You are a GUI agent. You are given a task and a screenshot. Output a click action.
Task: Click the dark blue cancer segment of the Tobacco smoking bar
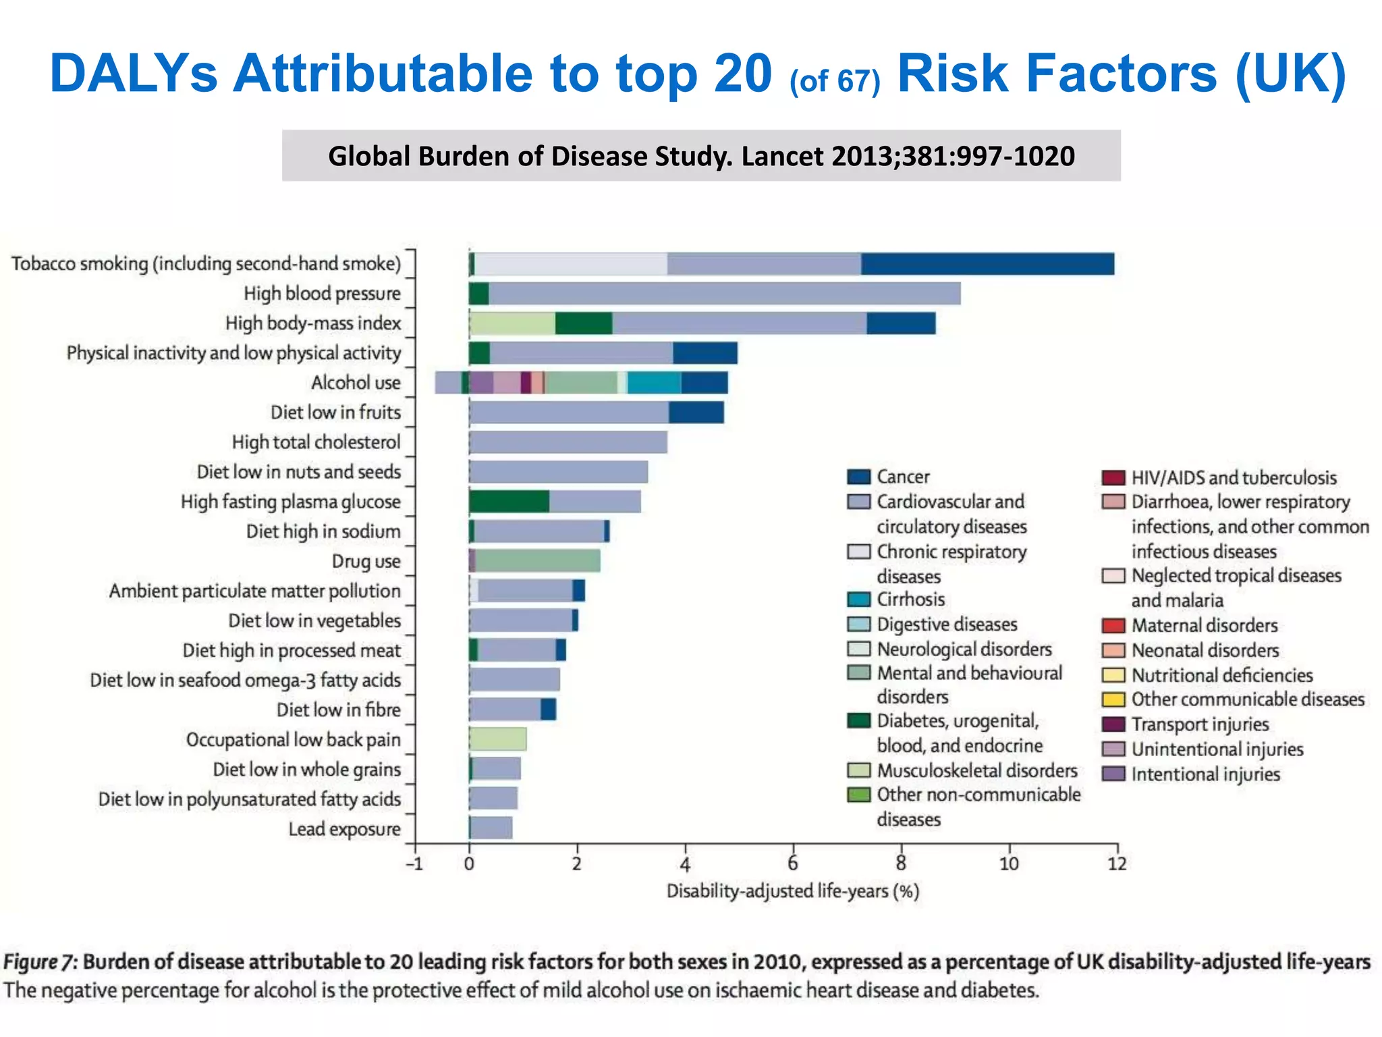pyautogui.click(x=987, y=264)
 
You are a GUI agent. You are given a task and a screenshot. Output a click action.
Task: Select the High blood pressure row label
pyautogui.click(x=322, y=294)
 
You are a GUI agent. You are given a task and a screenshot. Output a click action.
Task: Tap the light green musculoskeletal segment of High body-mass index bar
pyautogui.click(x=512, y=323)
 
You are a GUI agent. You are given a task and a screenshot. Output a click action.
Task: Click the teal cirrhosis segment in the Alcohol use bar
pyautogui.click(x=653, y=383)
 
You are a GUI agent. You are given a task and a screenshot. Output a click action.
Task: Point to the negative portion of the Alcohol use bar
pyautogui.click(x=448, y=383)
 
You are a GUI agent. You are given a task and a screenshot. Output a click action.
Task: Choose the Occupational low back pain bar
pyautogui.click(x=497, y=739)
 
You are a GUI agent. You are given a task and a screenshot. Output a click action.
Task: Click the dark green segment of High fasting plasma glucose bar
pyautogui.click(x=509, y=502)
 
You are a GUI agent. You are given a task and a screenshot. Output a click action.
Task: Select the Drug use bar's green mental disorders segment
pyautogui.click(x=537, y=561)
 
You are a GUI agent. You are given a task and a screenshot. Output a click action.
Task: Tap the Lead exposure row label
pyautogui.click(x=344, y=829)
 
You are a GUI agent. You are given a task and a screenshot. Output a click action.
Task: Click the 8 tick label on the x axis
pyautogui.click(x=901, y=863)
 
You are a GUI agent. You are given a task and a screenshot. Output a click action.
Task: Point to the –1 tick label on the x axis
pyautogui.click(x=414, y=863)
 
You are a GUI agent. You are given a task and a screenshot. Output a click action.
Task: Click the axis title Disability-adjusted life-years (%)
pyautogui.click(x=793, y=891)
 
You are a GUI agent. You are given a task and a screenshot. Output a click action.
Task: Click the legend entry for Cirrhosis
pyautogui.click(x=910, y=600)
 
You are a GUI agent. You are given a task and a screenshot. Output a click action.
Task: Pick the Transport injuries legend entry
pyautogui.click(x=1199, y=724)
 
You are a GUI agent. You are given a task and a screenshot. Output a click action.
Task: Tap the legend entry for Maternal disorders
pyautogui.click(x=1204, y=626)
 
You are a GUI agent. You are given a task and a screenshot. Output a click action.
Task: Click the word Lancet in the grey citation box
pyautogui.click(x=783, y=156)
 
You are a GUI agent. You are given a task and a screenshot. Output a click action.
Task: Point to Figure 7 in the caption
pyautogui.click(x=40, y=961)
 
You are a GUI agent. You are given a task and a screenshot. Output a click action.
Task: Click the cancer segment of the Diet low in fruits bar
pyautogui.click(x=696, y=413)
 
